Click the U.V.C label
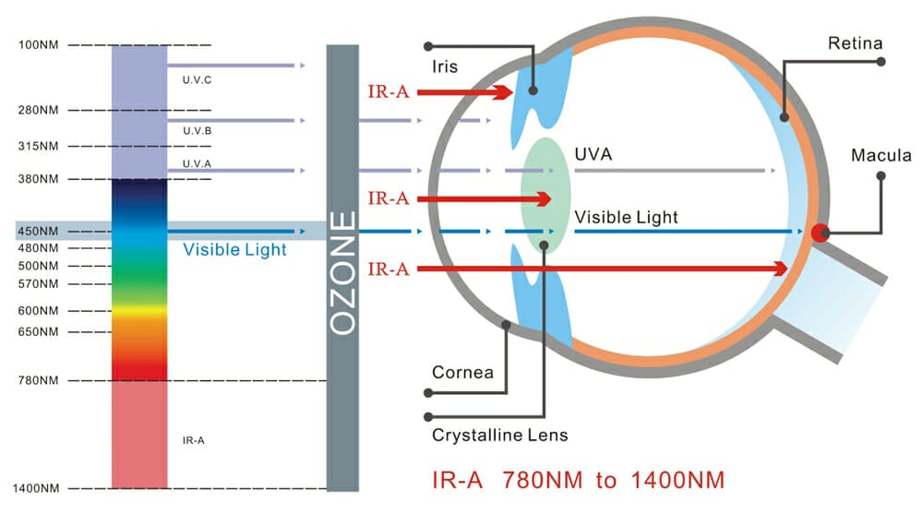198,79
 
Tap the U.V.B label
198,131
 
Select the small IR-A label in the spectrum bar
193,440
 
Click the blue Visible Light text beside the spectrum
234,249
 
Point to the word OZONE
342,273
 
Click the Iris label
444,67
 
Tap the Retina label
855,43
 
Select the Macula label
881,156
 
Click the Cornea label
462,373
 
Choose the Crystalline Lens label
499,434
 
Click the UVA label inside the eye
593,154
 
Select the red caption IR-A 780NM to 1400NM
578,481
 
